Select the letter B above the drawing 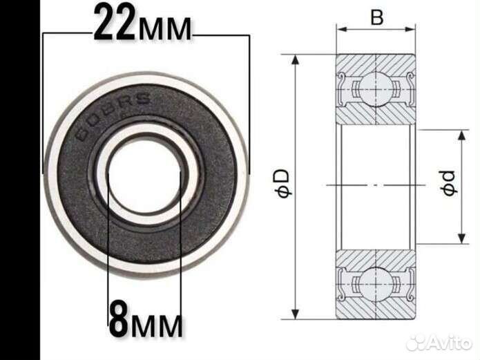[x=376, y=18]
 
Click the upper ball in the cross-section [x=376, y=87]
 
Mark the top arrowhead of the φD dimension [x=296, y=59]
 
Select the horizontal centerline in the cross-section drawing [x=376, y=185]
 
